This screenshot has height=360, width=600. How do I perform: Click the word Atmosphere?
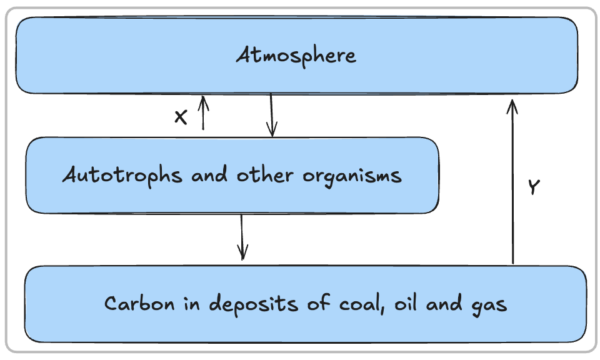coord(296,56)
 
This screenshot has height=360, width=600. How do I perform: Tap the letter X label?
coord(181,117)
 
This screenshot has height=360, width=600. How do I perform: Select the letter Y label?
coord(532,187)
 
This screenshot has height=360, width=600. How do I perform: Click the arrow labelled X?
coord(202,114)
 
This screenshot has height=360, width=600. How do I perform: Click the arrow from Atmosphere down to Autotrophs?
coord(271,115)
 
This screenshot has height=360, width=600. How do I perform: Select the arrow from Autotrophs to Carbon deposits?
coord(242,237)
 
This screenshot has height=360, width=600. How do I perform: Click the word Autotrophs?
coord(122,176)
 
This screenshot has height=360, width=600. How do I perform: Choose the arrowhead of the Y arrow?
coord(512,105)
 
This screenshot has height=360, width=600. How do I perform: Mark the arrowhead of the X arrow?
coord(202,100)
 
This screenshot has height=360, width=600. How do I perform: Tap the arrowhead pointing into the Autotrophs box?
coord(271,130)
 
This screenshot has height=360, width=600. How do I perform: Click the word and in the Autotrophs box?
coord(211,176)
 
